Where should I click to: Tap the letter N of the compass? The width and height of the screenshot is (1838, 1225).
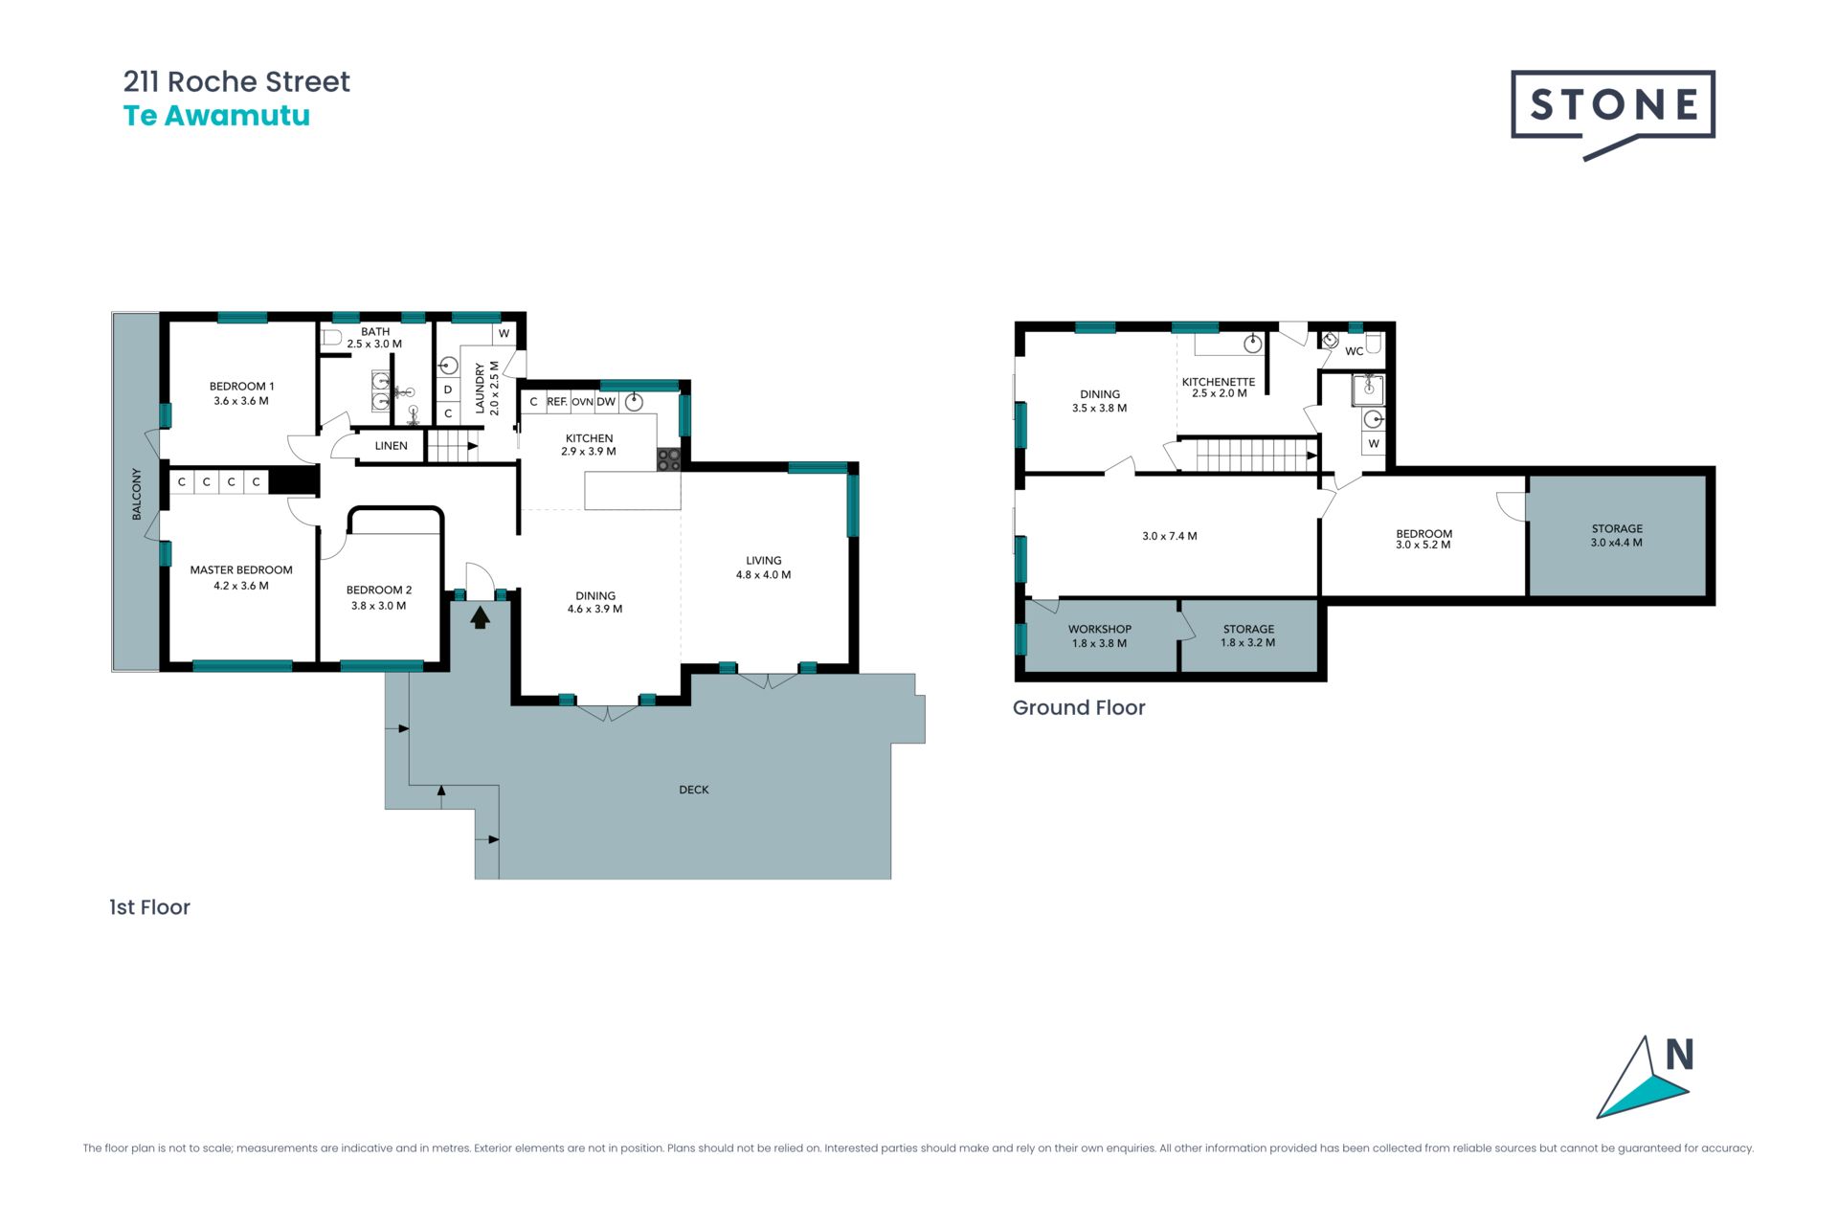click(x=1680, y=1055)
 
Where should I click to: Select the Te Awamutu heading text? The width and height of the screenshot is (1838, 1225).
click(x=216, y=116)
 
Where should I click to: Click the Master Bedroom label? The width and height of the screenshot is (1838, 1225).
click(x=241, y=569)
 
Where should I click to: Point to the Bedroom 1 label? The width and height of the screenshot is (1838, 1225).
click(x=241, y=387)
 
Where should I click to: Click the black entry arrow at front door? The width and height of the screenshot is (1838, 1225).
click(x=481, y=617)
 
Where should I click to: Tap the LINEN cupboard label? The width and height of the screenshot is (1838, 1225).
click(x=392, y=446)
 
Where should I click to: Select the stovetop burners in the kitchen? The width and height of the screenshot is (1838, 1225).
click(x=668, y=459)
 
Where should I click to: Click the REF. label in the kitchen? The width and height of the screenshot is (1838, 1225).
click(x=557, y=402)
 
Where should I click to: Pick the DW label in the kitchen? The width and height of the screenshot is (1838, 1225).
click(x=606, y=402)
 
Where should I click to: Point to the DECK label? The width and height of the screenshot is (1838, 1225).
click(x=694, y=790)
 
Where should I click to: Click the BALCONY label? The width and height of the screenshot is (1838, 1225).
click(x=136, y=494)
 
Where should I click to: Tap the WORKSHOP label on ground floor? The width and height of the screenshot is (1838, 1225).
click(x=1100, y=629)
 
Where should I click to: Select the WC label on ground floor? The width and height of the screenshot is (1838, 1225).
click(x=1354, y=351)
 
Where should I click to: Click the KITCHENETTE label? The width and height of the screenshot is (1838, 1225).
click(x=1219, y=382)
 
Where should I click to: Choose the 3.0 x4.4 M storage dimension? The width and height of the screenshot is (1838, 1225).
click(x=1617, y=543)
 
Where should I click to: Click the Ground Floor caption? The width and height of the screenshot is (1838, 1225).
click(x=1079, y=707)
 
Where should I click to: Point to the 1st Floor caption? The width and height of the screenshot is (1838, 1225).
click(x=149, y=907)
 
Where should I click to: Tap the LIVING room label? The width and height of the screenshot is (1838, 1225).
click(x=764, y=561)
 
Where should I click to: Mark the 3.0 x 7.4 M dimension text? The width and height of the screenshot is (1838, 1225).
click(x=1170, y=536)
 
